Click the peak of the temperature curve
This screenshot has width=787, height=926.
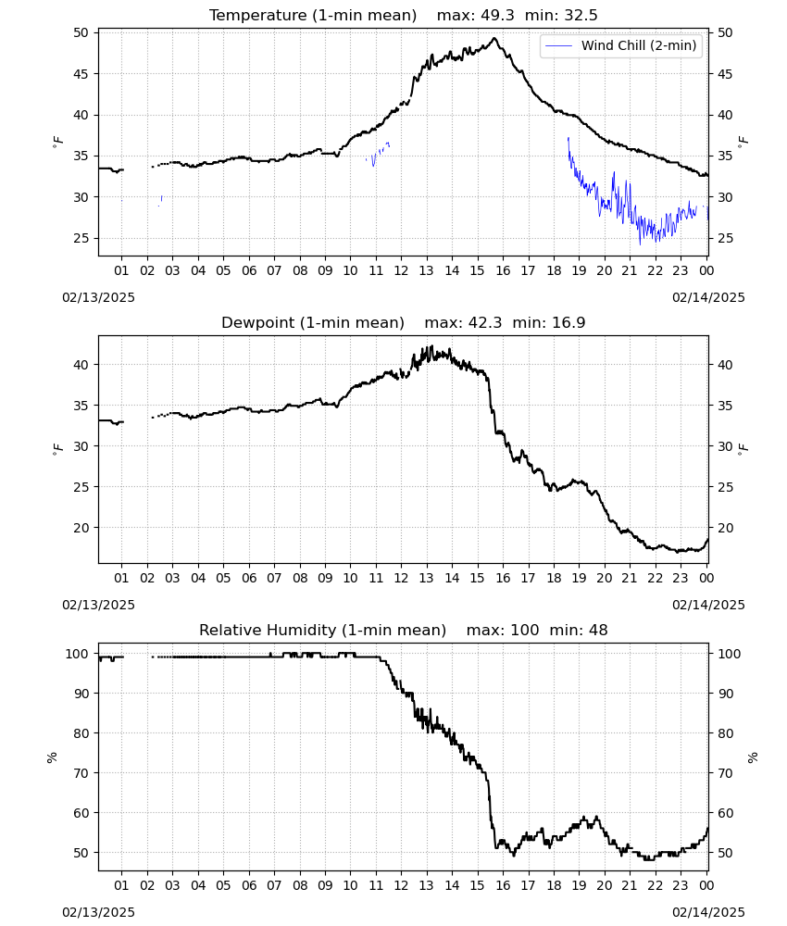pyautogui.click(x=494, y=38)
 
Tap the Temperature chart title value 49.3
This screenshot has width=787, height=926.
pyautogui.click(x=498, y=15)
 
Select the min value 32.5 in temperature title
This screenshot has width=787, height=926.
pyautogui.click(x=581, y=15)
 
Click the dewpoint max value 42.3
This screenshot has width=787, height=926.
pyautogui.click(x=485, y=322)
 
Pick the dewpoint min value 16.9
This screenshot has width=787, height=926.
pyautogui.click(x=568, y=322)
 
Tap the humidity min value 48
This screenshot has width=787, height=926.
pyautogui.click(x=598, y=630)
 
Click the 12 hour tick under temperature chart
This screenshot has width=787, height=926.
pyautogui.click(x=401, y=270)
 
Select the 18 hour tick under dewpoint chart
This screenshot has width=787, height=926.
pyautogui.click(x=553, y=578)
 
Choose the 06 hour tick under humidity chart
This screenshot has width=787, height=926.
pyautogui.click(x=248, y=885)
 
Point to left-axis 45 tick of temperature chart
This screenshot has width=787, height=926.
pyautogui.click(x=81, y=74)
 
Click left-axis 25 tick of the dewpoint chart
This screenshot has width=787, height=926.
pyautogui.click(x=81, y=487)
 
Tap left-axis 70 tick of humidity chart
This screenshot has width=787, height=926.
pyautogui.click(x=81, y=773)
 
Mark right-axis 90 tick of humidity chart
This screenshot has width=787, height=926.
pyautogui.click(x=725, y=694)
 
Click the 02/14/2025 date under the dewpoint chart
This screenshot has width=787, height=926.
pyautogui.click(x=708, y=605)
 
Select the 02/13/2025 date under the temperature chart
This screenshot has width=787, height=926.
pyautogui.click(x=98, y=297)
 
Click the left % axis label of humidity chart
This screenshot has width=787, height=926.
pyautogui.click(x=52, y=757)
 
